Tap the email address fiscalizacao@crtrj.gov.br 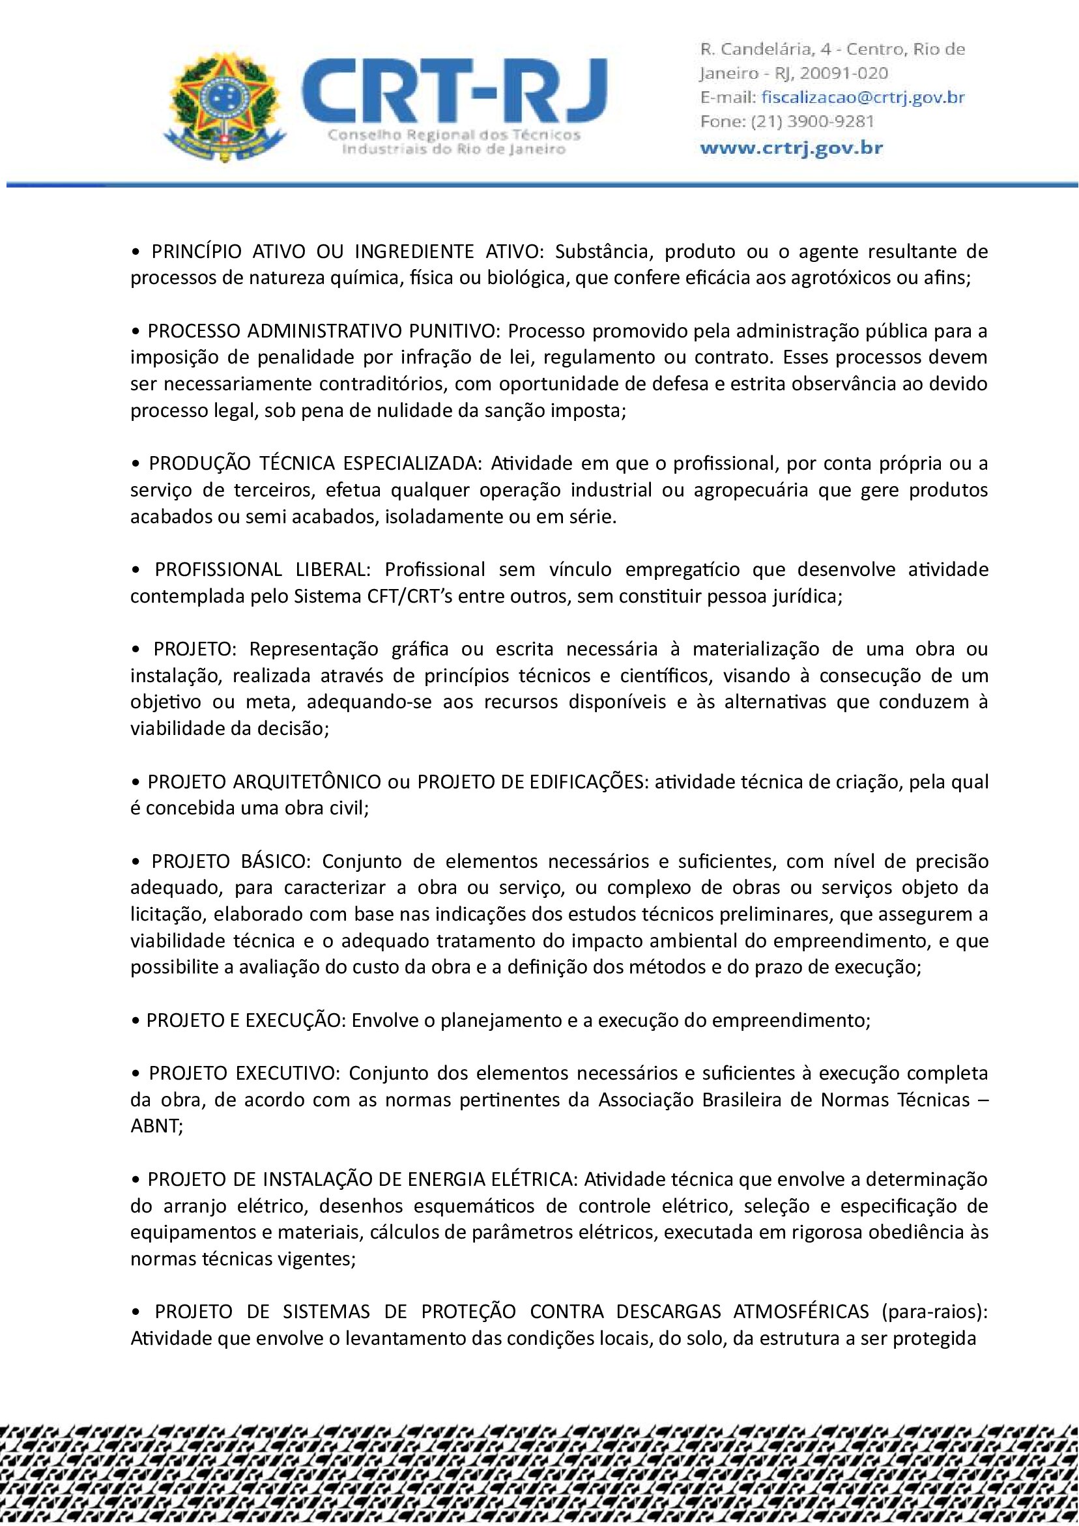pyautogui.click(x=863, y=98)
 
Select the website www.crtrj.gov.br pyautogui.click(x=791, y=147)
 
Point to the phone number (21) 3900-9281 pyautogui.click(x=812, y=122)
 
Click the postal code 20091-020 pyautogui.click(x=844, y=73)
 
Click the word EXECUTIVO pyautogui.click(x=288, y=1073)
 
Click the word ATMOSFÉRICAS pyautogui.click(x=800, y=1312)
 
